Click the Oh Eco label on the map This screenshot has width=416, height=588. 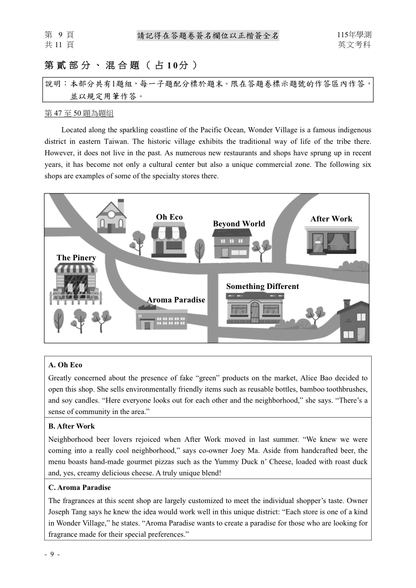(169, 217)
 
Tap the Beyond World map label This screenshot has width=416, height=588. (238, 224)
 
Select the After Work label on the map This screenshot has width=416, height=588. (331, 219)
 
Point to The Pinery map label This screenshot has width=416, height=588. (76, 258)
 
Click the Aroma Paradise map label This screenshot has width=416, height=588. (176, 300)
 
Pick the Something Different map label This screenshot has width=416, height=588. (262, 286)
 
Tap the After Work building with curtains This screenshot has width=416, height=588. (331, 240)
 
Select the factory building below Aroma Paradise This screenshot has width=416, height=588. (161, 319)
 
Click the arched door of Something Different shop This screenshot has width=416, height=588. (255, 312)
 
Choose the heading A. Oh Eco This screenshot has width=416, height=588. (65, 365)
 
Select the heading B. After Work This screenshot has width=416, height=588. (71, 426)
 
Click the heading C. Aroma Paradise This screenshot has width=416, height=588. (79, 487)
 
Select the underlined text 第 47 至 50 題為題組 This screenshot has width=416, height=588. (79, 114)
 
